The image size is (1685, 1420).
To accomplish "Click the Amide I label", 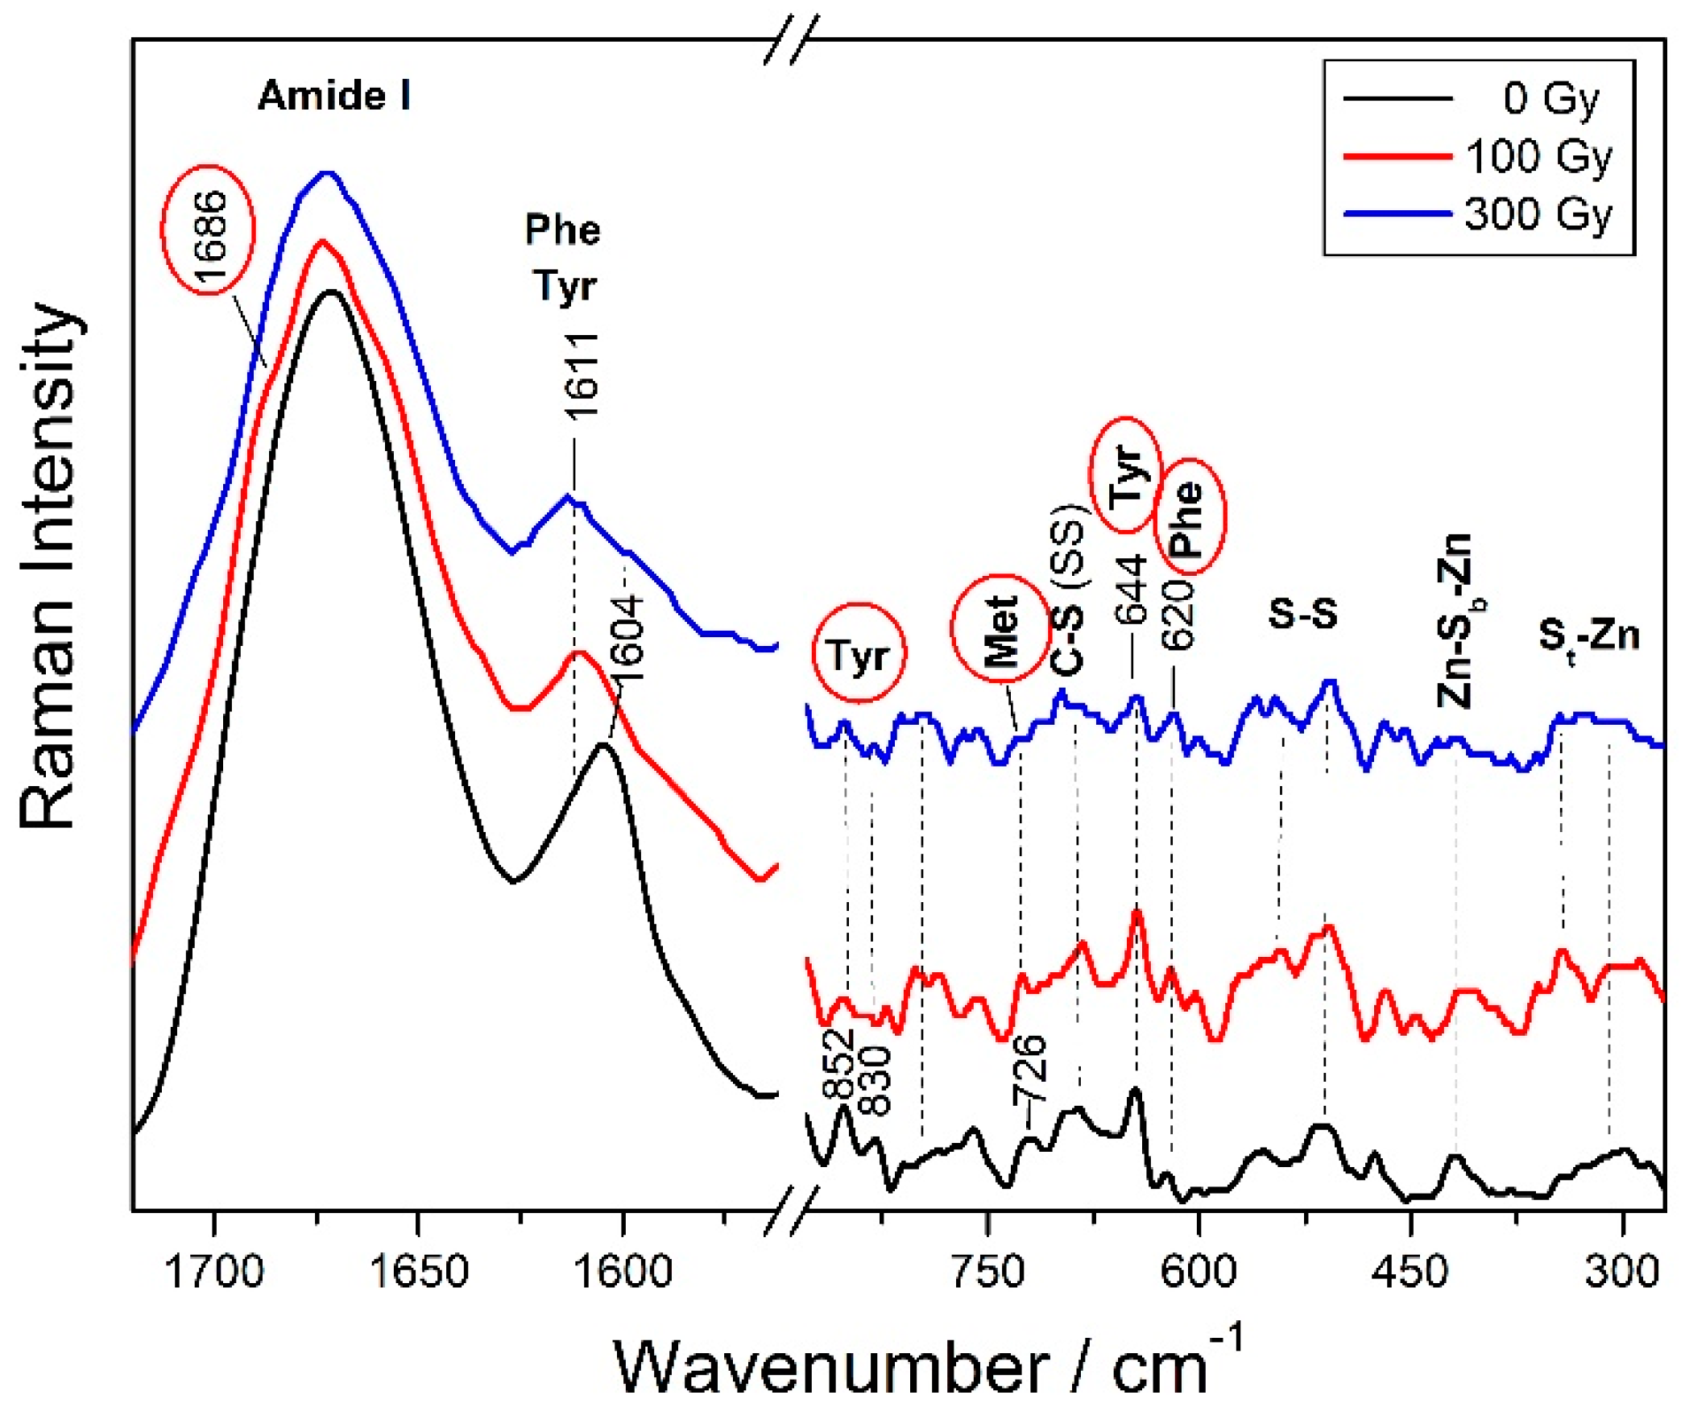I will (334, 96).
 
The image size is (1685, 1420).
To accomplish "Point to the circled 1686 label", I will (209, 231).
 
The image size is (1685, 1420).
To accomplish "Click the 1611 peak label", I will (581, 376).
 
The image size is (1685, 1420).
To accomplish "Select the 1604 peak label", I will (627, 639).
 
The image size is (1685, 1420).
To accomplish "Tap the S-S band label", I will (1302, 614).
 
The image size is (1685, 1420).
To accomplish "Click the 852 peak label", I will (838, 1064).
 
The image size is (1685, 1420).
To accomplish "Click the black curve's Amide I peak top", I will (329, 292).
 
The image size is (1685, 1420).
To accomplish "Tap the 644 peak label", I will (1131, 590).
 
